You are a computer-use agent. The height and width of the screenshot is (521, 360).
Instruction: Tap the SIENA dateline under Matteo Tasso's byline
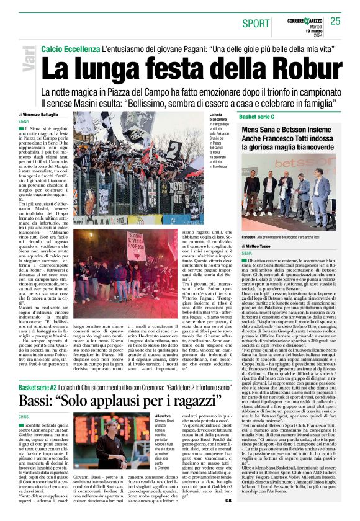pyautogui.click(x=247, y=254)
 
